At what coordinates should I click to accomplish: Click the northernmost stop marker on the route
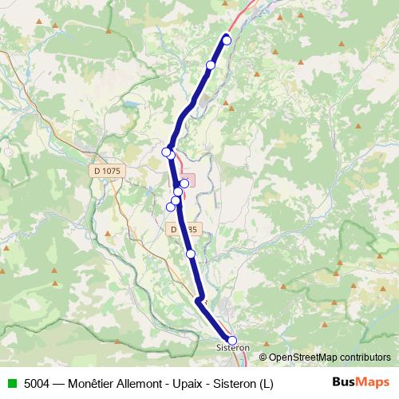(227, 40)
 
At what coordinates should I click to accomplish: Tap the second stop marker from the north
(211, 65)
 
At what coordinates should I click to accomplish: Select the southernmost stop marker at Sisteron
(232, 341)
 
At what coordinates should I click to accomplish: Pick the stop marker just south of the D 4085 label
(191, 254)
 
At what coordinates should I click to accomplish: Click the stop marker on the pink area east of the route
(184, 184)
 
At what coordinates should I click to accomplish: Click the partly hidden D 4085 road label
(183, 229)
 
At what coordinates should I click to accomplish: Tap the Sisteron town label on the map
(234, 349)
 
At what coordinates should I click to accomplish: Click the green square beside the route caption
(10, 383)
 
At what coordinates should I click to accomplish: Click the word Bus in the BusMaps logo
(346, 382)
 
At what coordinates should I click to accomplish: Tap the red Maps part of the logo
(373, 382)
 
